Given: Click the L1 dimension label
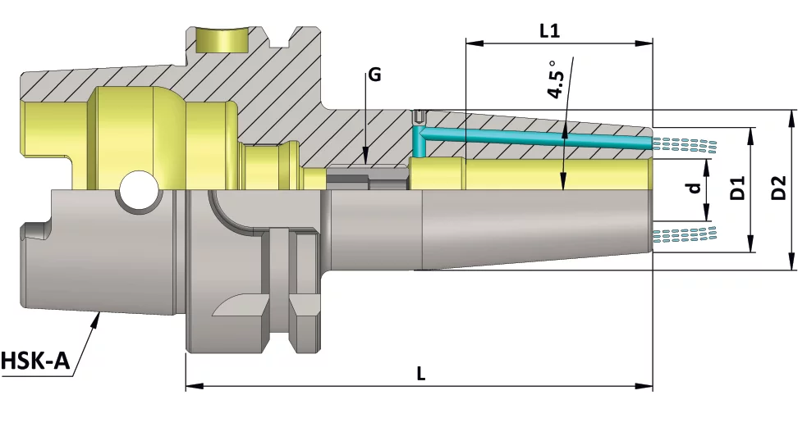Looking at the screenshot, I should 550,31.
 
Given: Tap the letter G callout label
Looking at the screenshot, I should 374,75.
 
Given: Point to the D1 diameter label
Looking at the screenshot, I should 737,189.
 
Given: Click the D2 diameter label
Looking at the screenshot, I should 779,188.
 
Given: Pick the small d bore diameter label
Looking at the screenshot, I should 695,188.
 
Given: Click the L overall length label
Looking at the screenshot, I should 420,373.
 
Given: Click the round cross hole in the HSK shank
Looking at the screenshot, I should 136,191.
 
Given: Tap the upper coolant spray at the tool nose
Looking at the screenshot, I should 686,145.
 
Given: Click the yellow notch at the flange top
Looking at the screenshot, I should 222,39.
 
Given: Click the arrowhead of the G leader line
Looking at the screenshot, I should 365,155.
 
